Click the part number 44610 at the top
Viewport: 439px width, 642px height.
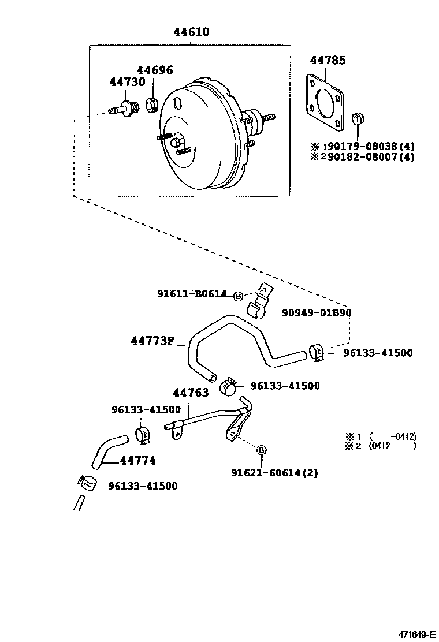(191, 32)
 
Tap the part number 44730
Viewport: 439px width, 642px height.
(127, 82)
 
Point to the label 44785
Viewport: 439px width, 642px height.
(328, 59)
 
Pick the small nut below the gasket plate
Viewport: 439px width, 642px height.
(357, 120)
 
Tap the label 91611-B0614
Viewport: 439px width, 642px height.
(192, 294)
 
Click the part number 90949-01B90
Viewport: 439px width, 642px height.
(317, 313)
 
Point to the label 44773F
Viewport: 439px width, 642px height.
(152, 341)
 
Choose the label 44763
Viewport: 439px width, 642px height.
(191, 393)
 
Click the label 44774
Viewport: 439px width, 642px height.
(138, 461)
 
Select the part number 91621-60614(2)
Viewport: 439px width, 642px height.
(274, 473)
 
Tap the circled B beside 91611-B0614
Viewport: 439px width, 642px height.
(238, 296)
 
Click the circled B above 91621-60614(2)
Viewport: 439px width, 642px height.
(261, 450)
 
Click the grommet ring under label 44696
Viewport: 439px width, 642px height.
(153, 105)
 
